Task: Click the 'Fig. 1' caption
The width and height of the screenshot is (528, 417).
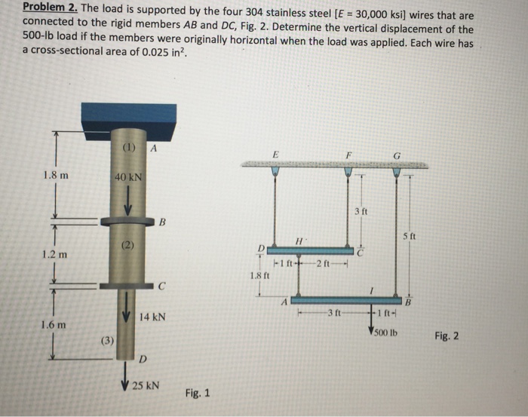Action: point(197,394)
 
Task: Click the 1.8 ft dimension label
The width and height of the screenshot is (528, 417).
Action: point(259,276)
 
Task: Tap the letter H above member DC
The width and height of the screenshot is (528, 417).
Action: point(299,239)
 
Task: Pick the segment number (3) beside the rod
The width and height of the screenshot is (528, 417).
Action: point(108,340)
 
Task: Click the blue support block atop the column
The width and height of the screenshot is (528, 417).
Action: point(129,118)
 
